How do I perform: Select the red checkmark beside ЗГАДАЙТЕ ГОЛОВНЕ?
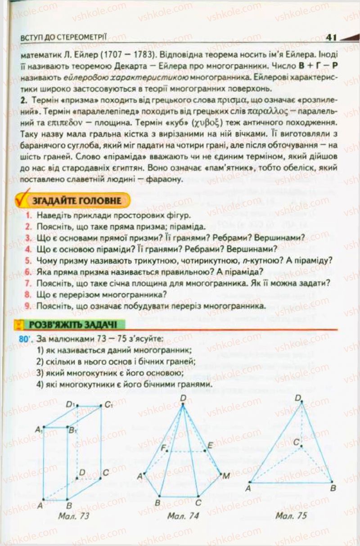(x=20, y=199)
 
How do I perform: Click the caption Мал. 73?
(x=73, y=516)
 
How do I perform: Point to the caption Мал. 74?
(x=183, y=516)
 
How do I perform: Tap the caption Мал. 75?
(x=291, y=515)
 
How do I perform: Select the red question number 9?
(x=28, y=306)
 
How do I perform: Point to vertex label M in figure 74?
(x=225, y=476)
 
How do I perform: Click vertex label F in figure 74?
(x=165, y=447)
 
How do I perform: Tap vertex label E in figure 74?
(x=210, y=446)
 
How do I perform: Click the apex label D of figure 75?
(x=297, y=398)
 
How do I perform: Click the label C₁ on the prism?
(x=108, y=404)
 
